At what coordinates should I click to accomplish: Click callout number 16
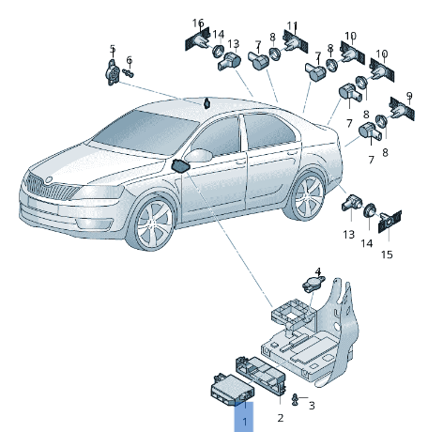coord(198,23)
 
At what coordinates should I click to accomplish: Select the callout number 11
coord(292,25)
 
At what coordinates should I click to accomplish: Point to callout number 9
coord(408,96)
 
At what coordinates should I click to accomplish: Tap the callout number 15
coord(387,255)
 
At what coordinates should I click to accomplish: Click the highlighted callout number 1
coord(244,423)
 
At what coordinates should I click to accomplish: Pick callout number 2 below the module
coord(280,417)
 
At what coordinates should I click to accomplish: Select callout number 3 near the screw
coord(312,405)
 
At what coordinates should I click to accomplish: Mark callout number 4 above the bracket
coord(317,270)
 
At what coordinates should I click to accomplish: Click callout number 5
coord(113,49)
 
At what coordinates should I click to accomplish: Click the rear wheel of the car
coord(305,197)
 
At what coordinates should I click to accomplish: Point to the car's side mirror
coord(181,166)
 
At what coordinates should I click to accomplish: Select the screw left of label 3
coord(296,401)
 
